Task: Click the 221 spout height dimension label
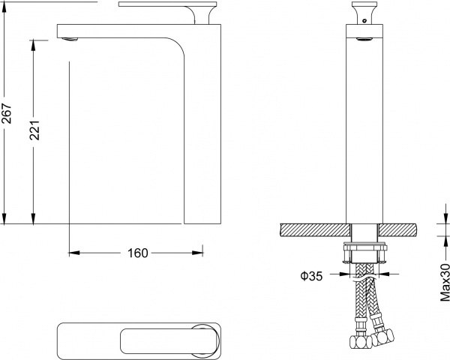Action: click(x=35, y=130)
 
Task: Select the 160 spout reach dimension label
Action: click(x=138, y=253)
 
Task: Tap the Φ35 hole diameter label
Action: click(x=311, y=276)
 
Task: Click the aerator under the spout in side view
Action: click(x=70, y=39)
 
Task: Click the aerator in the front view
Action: click(x=364, y=39)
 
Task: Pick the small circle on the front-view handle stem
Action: click(x=364, y=21)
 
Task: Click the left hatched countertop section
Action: click(x=315, y=230)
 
